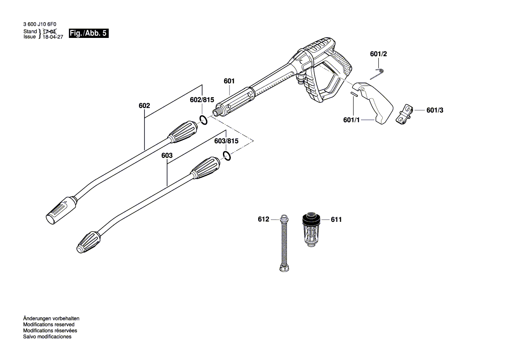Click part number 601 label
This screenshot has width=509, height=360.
point(229,81)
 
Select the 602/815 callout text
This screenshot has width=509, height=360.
point(202,100)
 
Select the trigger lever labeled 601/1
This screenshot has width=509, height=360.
point(377,102)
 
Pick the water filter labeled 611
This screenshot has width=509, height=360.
point(311,230)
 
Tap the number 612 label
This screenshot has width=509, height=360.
point(264,220)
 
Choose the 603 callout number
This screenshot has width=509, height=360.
point(167,156)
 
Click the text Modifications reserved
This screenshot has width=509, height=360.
point(49,325)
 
